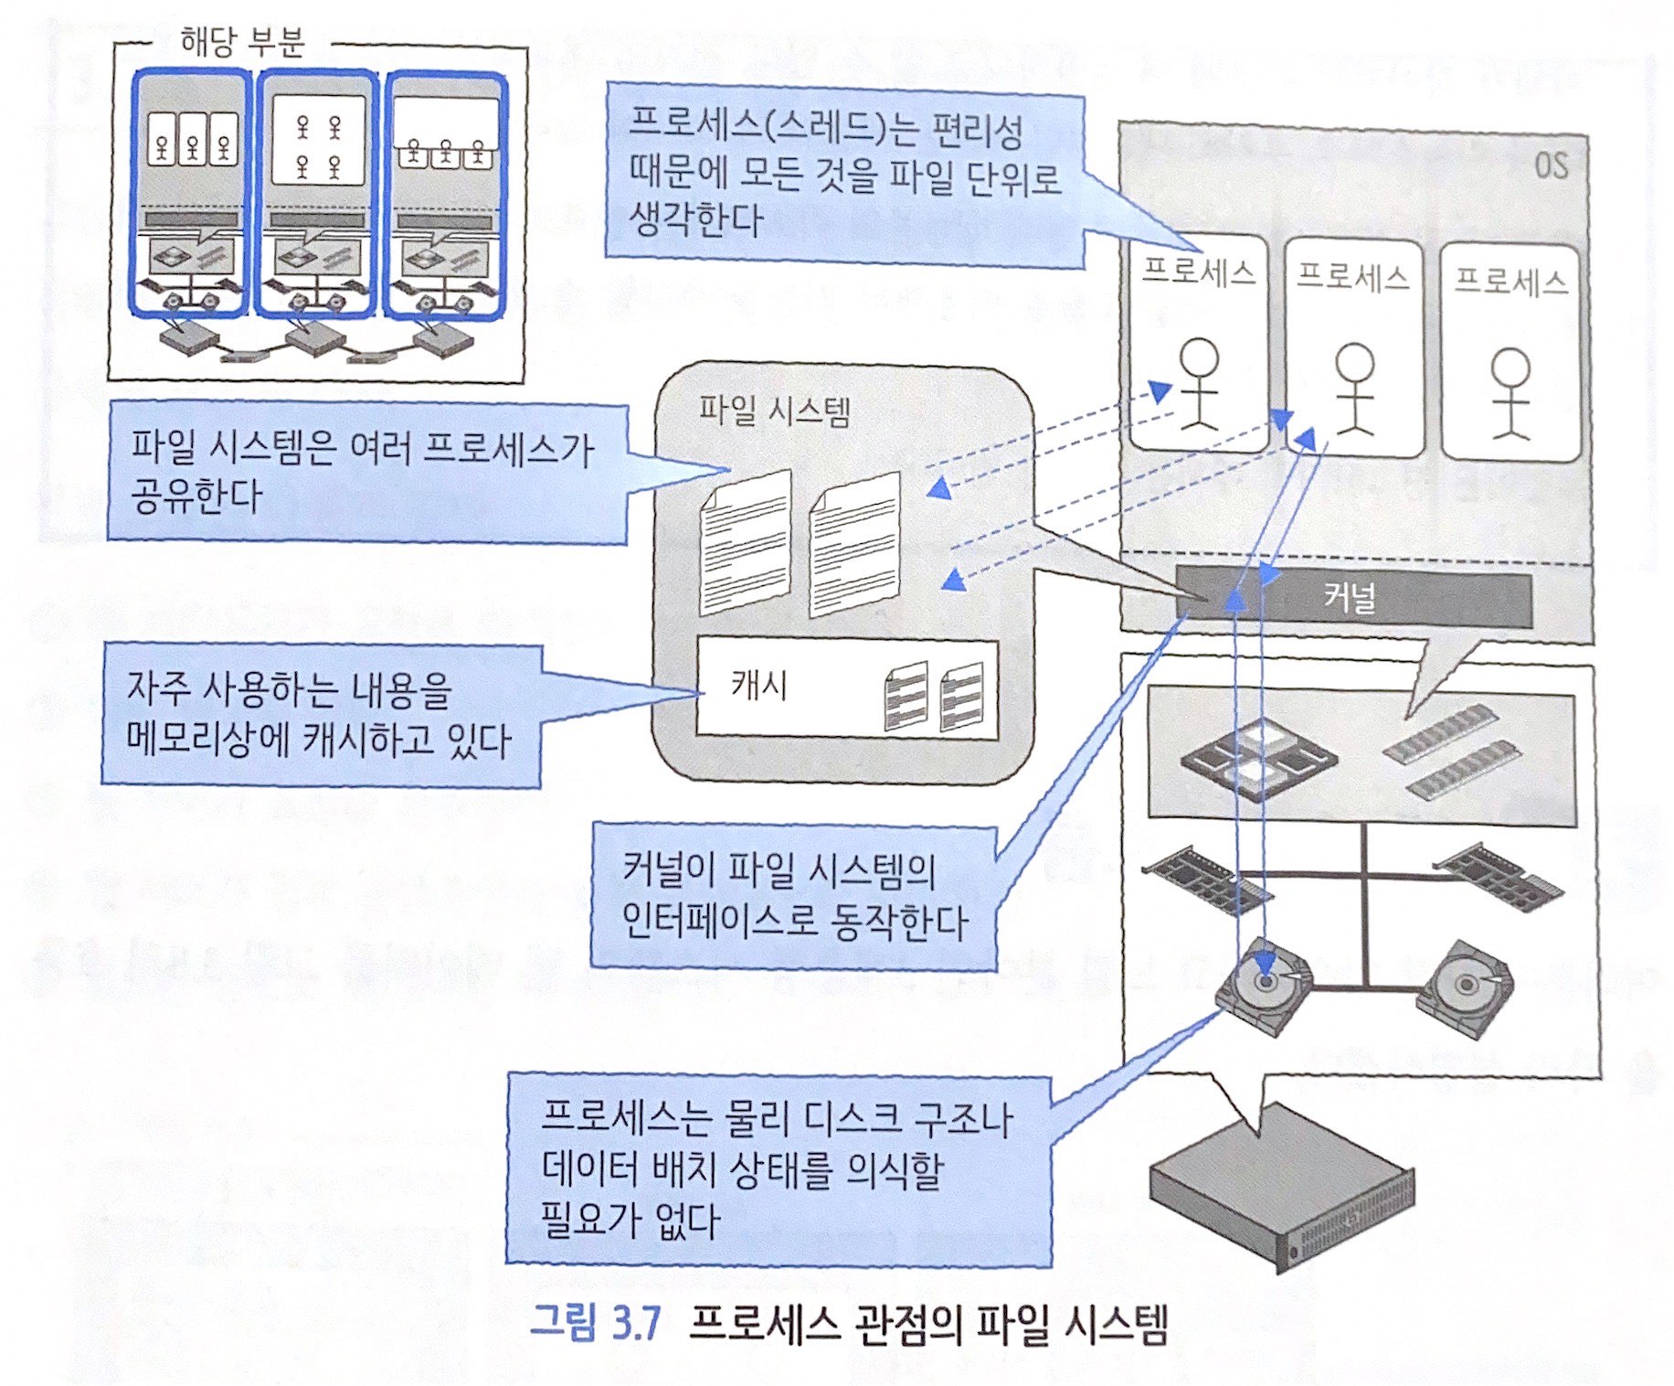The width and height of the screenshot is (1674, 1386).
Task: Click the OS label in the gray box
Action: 1550,165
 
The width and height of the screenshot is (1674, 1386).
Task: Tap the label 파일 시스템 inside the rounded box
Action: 774,410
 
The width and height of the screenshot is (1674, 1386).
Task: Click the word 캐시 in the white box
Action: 758,685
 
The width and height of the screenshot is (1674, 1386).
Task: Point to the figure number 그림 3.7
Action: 595,1323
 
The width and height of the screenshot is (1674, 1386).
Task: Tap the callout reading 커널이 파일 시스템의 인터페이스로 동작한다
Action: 792,896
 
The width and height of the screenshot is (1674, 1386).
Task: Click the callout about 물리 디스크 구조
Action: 778,1169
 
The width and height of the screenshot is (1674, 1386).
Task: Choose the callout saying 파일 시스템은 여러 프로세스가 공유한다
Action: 366,472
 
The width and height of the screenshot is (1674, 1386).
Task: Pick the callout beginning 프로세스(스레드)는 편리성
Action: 843,175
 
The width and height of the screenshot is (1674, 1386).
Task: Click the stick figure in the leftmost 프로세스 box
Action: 1198,384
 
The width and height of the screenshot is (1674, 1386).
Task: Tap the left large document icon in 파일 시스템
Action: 745,543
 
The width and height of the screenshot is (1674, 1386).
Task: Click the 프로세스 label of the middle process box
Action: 1352,275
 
